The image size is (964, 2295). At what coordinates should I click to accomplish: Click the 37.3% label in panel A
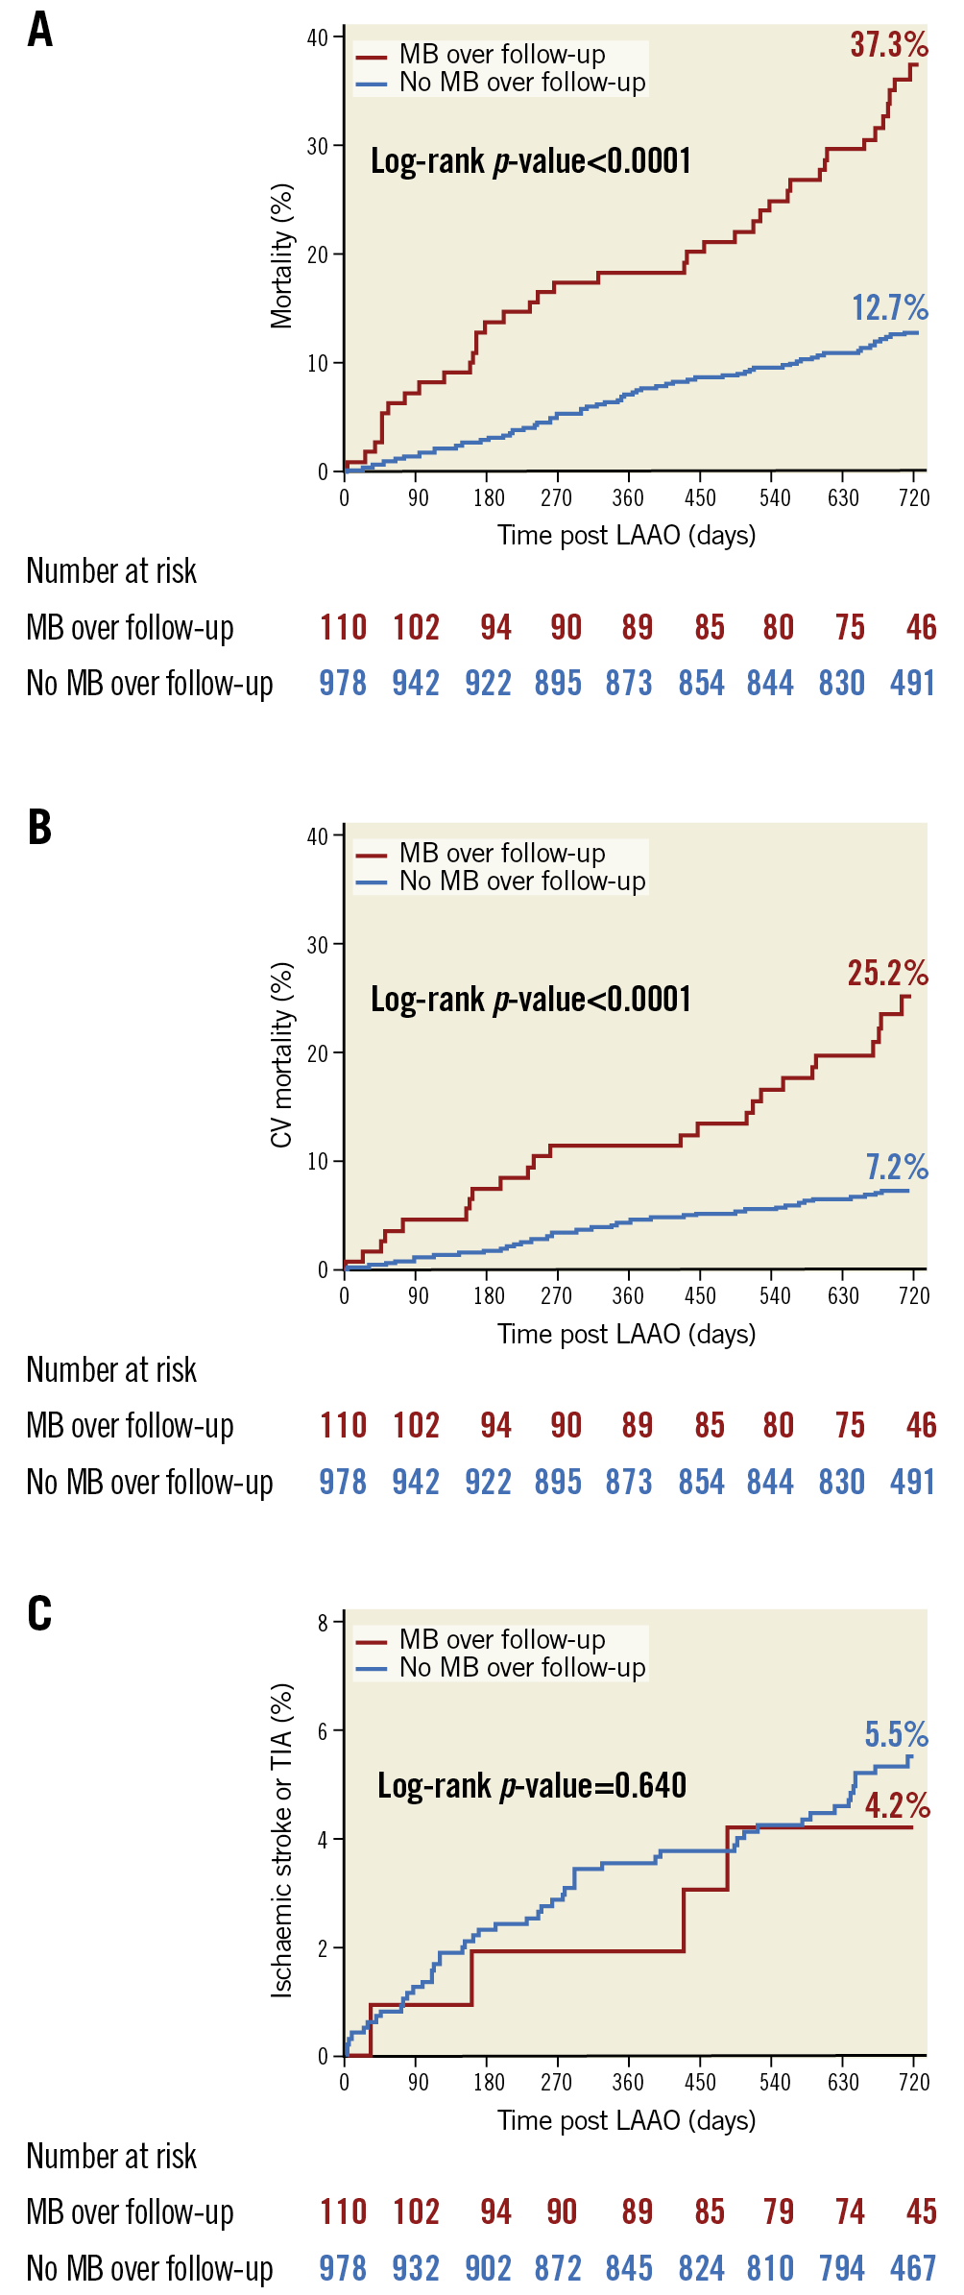tap(888, 45)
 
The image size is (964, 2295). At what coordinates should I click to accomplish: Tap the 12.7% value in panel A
tap(889, 308)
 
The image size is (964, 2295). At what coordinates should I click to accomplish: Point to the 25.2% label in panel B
tap(887, 974)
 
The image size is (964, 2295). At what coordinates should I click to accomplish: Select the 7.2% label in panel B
tap(897, 1168)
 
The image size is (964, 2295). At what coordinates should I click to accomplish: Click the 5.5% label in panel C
tap(896, 1735)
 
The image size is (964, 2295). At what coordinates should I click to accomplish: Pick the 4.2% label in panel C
tap(897, 1806)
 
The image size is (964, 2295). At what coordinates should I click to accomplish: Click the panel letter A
tap(39, 30)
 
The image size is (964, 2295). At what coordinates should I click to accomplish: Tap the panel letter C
tap(39, 1613)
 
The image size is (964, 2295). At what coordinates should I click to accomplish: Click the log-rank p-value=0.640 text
tap(532, 1786)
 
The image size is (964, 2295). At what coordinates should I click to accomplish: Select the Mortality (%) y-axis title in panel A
tap(281, 256)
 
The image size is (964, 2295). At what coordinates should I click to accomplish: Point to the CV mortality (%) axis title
tap(281, 1054)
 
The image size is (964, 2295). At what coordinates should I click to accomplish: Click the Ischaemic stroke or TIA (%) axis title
tap(281, 1840)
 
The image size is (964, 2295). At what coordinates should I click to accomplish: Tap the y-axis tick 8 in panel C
tap(324, 1624)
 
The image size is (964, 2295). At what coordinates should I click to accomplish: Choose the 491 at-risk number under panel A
tap(912, 684)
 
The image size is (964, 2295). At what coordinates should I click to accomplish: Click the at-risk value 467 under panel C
tap(912, 2268)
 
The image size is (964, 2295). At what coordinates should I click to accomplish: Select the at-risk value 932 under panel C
tap(416, 2268)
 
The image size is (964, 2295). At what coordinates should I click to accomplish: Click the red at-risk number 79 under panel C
tap(779, 2212)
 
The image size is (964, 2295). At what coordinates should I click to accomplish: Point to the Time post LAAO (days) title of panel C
tap(626, 2120)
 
